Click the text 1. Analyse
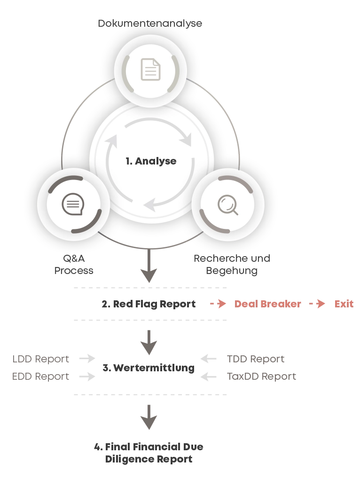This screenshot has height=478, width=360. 151,161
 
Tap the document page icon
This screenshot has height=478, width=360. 150,69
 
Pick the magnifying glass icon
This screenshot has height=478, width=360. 228,205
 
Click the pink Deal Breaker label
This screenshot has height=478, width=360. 267,304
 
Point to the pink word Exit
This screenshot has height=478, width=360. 344,304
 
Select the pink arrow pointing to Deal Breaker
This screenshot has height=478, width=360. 217,304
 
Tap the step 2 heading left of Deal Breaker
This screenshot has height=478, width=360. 149,304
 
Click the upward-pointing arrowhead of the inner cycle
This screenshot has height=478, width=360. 111,140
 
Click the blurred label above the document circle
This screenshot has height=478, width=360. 150,24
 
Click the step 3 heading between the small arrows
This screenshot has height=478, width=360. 149,368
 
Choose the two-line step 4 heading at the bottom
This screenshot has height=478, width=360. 150,451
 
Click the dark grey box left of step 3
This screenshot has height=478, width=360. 41,360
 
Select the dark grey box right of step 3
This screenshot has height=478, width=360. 256,360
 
